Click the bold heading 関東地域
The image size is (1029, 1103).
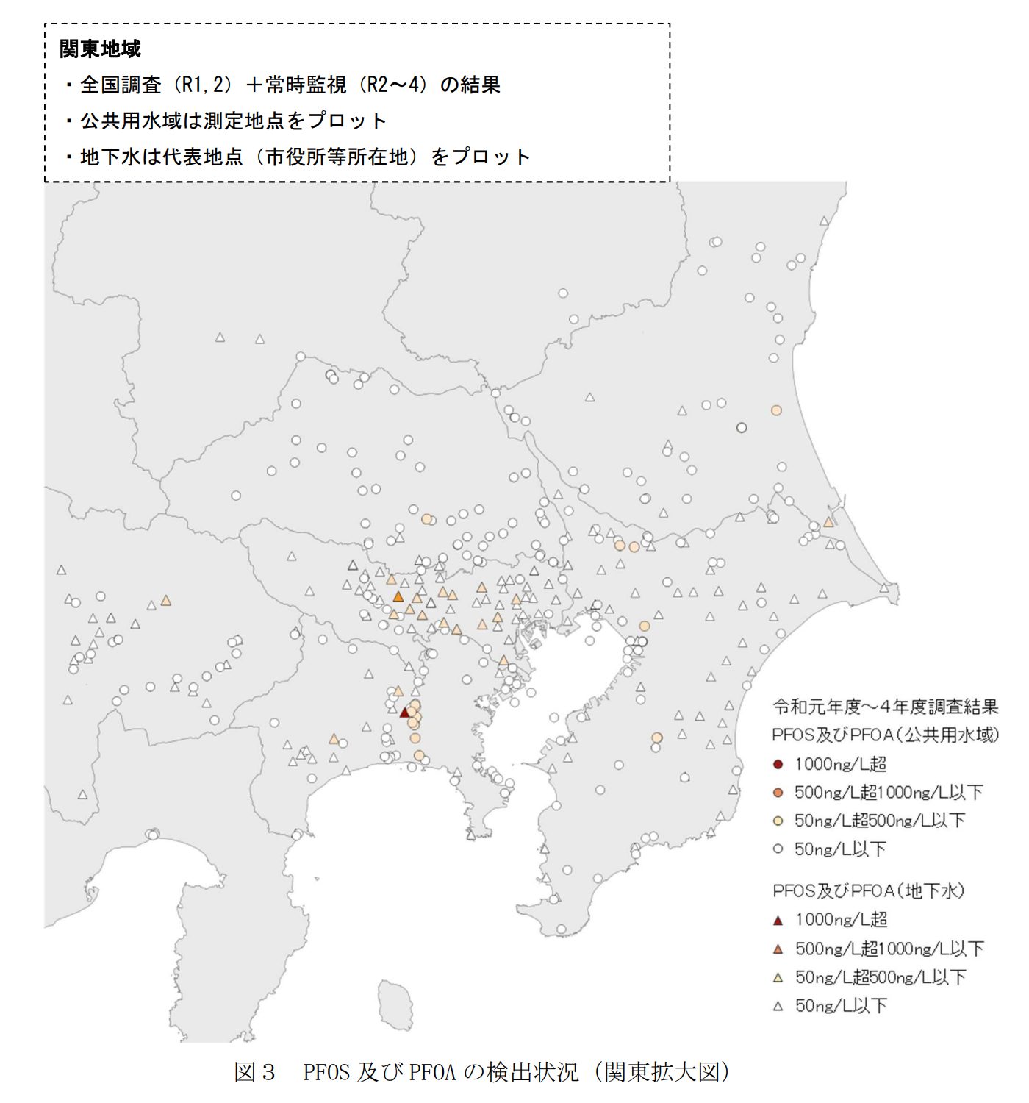point(100,49)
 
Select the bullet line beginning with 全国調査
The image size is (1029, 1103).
point(290,85)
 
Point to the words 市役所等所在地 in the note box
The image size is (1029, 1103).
point(336,157)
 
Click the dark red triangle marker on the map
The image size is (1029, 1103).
point(404,713)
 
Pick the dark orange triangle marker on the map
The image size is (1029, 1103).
point(398,597)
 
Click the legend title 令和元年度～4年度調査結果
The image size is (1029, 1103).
point(885,707)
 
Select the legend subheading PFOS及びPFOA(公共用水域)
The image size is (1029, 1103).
point(885,735)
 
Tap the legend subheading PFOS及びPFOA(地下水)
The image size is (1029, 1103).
point(867,891)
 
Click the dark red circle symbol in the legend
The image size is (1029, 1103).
point(778,765)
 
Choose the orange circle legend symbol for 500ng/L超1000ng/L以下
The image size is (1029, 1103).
point(778,793)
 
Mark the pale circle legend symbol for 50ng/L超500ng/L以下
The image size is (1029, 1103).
point(778,821)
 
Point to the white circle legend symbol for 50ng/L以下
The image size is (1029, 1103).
point(778,849)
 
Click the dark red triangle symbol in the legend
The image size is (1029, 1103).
point(778,921)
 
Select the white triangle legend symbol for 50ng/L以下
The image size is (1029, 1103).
point(778,1006)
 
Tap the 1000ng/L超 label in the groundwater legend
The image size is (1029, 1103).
point(842,920)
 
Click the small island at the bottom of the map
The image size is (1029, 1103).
point(395,1004)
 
